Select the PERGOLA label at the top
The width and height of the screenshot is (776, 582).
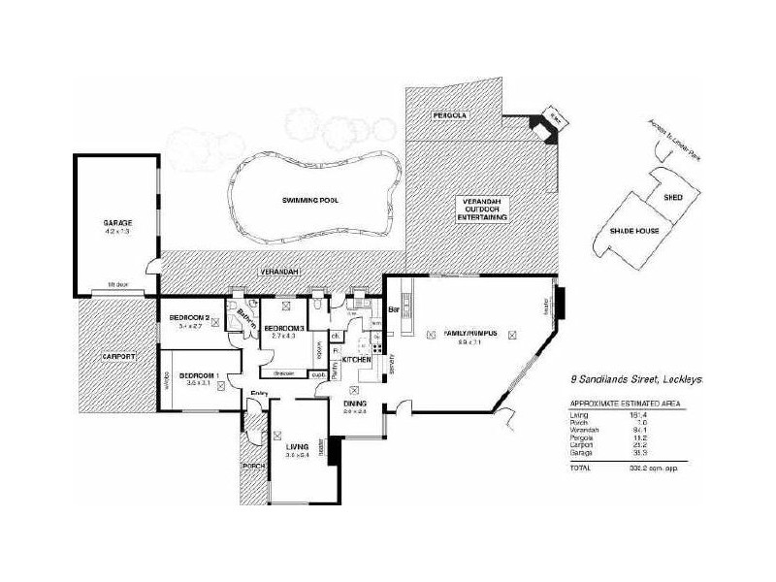click(x=450, y=115)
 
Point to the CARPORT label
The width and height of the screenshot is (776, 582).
click(x=117, y=357)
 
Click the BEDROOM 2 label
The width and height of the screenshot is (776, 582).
click(x=190, y=318)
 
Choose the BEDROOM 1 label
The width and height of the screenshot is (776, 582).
click(x=198, y=375)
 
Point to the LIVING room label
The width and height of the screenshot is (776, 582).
click(x=296, y=446)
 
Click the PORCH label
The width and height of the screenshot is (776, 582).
click(x=254, y=466)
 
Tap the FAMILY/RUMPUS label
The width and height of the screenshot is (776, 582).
click(x=470, y=333)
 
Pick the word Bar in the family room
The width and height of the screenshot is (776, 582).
click(x=395, y=310)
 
